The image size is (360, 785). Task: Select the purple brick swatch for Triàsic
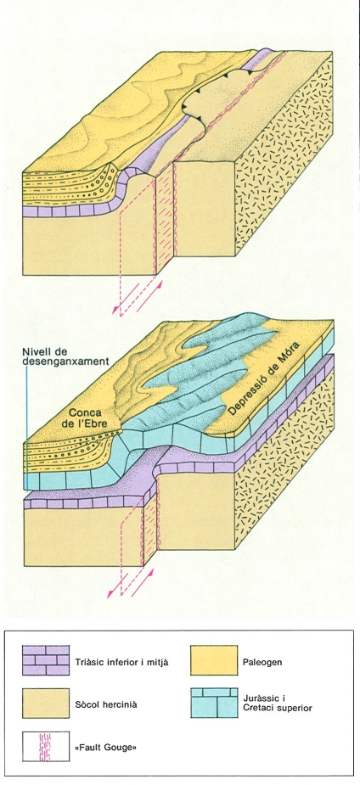pyautogui.click(x=46, y=660)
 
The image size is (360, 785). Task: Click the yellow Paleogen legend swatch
pyautogui.click(x=214, y=660)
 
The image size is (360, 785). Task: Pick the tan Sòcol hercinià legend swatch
pyautogui.click(x=46, y=704)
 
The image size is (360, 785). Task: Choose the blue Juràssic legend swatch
pyautogui.click(x=214, y=704)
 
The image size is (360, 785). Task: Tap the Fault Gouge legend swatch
pyautogui.click(x=46, y=747)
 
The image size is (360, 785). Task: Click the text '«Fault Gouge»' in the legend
pyautogui.click(x=110, y=748)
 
